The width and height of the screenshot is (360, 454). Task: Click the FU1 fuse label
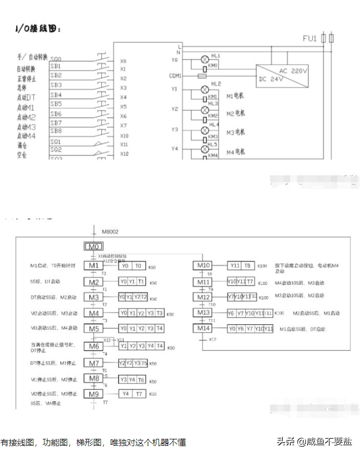[310, 38]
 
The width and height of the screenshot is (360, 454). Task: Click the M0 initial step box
[93, 247]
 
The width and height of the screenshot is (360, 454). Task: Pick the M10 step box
[203, 266]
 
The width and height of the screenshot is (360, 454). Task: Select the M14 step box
[203, 328]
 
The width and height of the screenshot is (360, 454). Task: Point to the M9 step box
[93, 393]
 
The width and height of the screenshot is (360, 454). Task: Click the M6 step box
[93, 346]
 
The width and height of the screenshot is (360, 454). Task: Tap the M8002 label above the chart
[110, 231]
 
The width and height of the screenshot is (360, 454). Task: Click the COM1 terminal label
[175, 75]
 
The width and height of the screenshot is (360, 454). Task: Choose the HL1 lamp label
[215, 56]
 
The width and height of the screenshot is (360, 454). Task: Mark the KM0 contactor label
[214, 66]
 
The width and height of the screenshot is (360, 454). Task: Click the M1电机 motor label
[236, 96]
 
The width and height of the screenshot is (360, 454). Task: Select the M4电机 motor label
[236, 152]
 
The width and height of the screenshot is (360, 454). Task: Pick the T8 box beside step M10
[247, 266]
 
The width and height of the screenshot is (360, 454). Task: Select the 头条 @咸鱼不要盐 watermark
[313, 441]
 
